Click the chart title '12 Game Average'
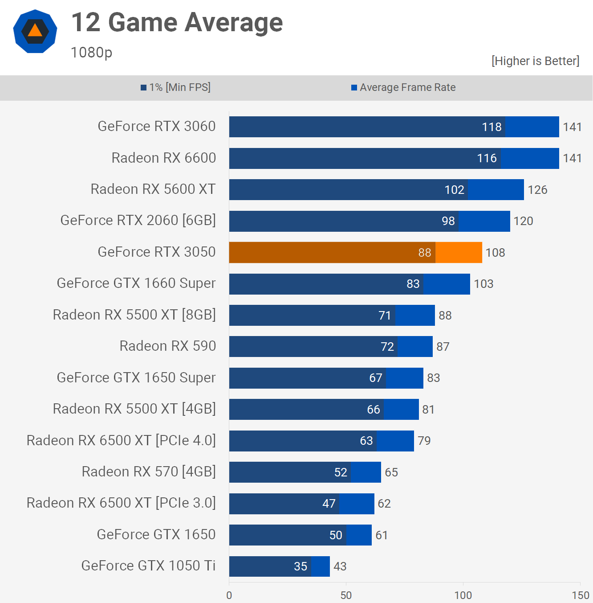point(177,23)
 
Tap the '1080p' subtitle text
point(91,53)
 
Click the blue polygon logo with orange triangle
point(35,31)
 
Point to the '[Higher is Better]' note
point(535,61)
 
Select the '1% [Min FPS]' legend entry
point(176,87)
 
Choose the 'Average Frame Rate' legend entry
point(403,87)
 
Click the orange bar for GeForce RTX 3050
point(355,253)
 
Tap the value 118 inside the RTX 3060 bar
point(491,127)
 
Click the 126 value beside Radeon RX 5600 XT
point(537,190)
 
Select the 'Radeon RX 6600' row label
point(163,158)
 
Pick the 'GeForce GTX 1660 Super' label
point(136,283)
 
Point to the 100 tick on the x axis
point(463,595)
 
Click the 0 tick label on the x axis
point(229,595)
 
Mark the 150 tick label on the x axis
point(580,595)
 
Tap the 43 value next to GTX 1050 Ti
point(340,566)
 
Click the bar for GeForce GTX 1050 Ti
point(279,566)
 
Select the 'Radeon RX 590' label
point(167,346)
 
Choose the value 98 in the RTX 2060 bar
point(448,221)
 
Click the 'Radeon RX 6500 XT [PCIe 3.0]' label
point(121,503)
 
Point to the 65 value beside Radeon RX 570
point(391,472)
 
